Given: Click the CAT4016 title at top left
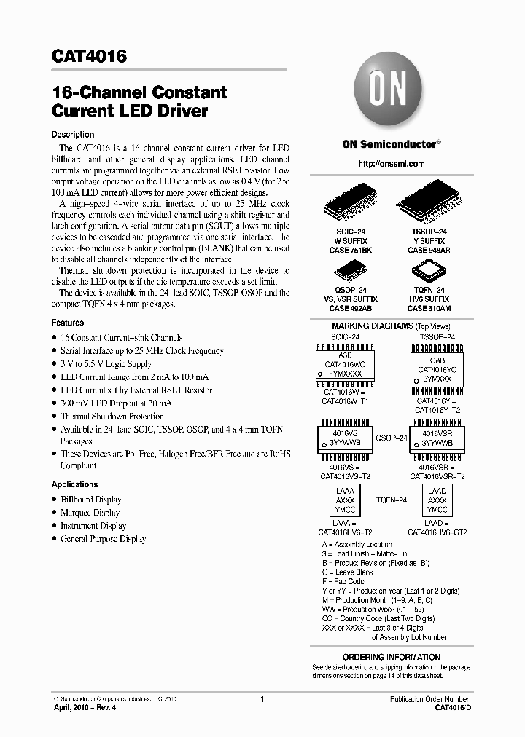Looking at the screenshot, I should coord(90,56).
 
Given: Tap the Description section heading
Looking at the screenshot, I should coord(73,135).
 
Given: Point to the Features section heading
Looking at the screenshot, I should coord(68,322).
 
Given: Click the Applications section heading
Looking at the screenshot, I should coord(74,484).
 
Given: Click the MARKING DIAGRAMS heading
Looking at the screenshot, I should coord(373,326).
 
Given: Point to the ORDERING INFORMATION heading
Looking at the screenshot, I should coord(384,657).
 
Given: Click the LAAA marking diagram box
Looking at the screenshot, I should coord(344,501).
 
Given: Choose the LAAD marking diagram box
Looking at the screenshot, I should coord(437,501).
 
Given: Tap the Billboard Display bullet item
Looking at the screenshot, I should coord(91,500).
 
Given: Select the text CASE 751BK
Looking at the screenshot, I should coord(351,249).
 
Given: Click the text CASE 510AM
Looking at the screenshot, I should coord(429,308).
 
